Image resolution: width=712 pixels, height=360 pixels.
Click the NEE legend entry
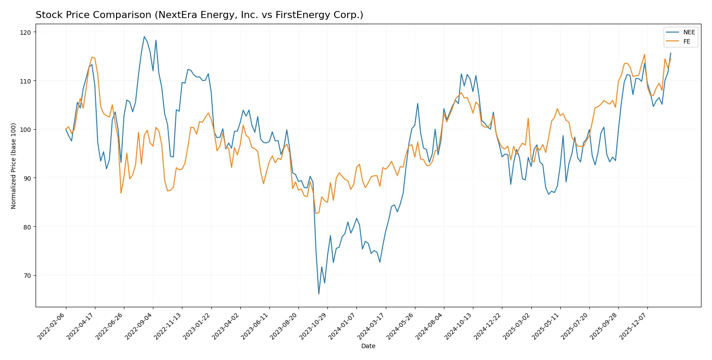pos(689,32)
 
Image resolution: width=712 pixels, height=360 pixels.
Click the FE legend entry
pos(687,42)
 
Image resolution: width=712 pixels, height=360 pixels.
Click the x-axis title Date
pos(368,346)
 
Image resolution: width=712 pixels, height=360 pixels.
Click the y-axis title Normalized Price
pos(14,166)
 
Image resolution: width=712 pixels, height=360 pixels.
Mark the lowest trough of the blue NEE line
pos(319,294)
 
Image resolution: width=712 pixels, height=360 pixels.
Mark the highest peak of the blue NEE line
pos(144,36)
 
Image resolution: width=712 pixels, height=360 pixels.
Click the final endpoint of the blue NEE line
pos(671,53)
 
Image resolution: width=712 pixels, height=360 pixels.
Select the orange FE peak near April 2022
pos(92,57)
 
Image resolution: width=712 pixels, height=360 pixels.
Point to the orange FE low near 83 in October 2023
pos(316,214)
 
